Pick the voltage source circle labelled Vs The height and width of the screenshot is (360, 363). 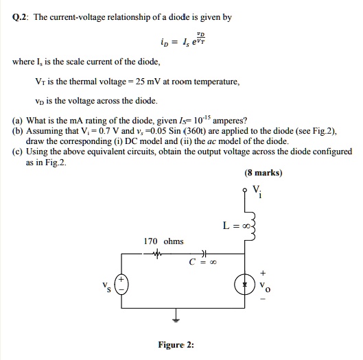(x=121, y=285)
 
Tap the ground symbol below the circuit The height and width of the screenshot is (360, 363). (x=177, y=319)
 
